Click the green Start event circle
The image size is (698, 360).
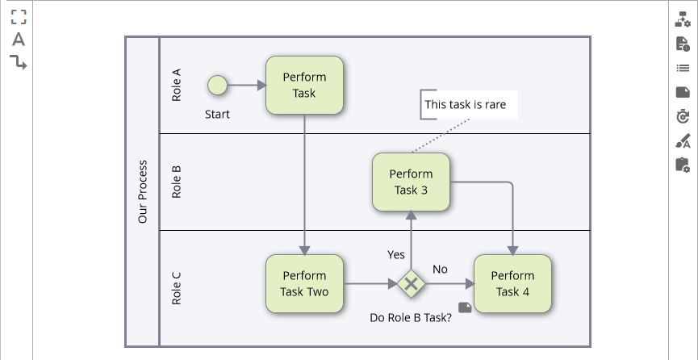(x=217, y=85)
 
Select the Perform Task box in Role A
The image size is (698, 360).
(x=304, y=85)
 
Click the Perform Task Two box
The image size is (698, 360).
(x=304, y=283)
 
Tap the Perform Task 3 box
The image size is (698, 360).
(x=411, y=182)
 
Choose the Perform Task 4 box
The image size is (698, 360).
(x=512, y=283)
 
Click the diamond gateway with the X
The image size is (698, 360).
(x=412, y=283)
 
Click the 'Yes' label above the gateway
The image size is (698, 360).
(x=396, y=254)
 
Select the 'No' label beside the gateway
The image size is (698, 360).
(x=440, y=269)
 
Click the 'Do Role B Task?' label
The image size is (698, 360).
(x=410, y=318)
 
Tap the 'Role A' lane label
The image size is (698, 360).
(x=176, y=85)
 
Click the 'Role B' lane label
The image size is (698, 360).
(x=176, y=182)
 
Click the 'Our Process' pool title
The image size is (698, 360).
(x=143, y=191)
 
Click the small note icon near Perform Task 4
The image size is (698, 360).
(x=465, y=307)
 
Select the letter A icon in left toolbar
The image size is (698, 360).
(x=18, y=40)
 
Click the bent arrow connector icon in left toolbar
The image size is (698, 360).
(x=18, y=62)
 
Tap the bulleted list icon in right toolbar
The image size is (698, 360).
(x=682, y=68)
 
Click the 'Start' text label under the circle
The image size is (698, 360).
(x=217, y=114)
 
